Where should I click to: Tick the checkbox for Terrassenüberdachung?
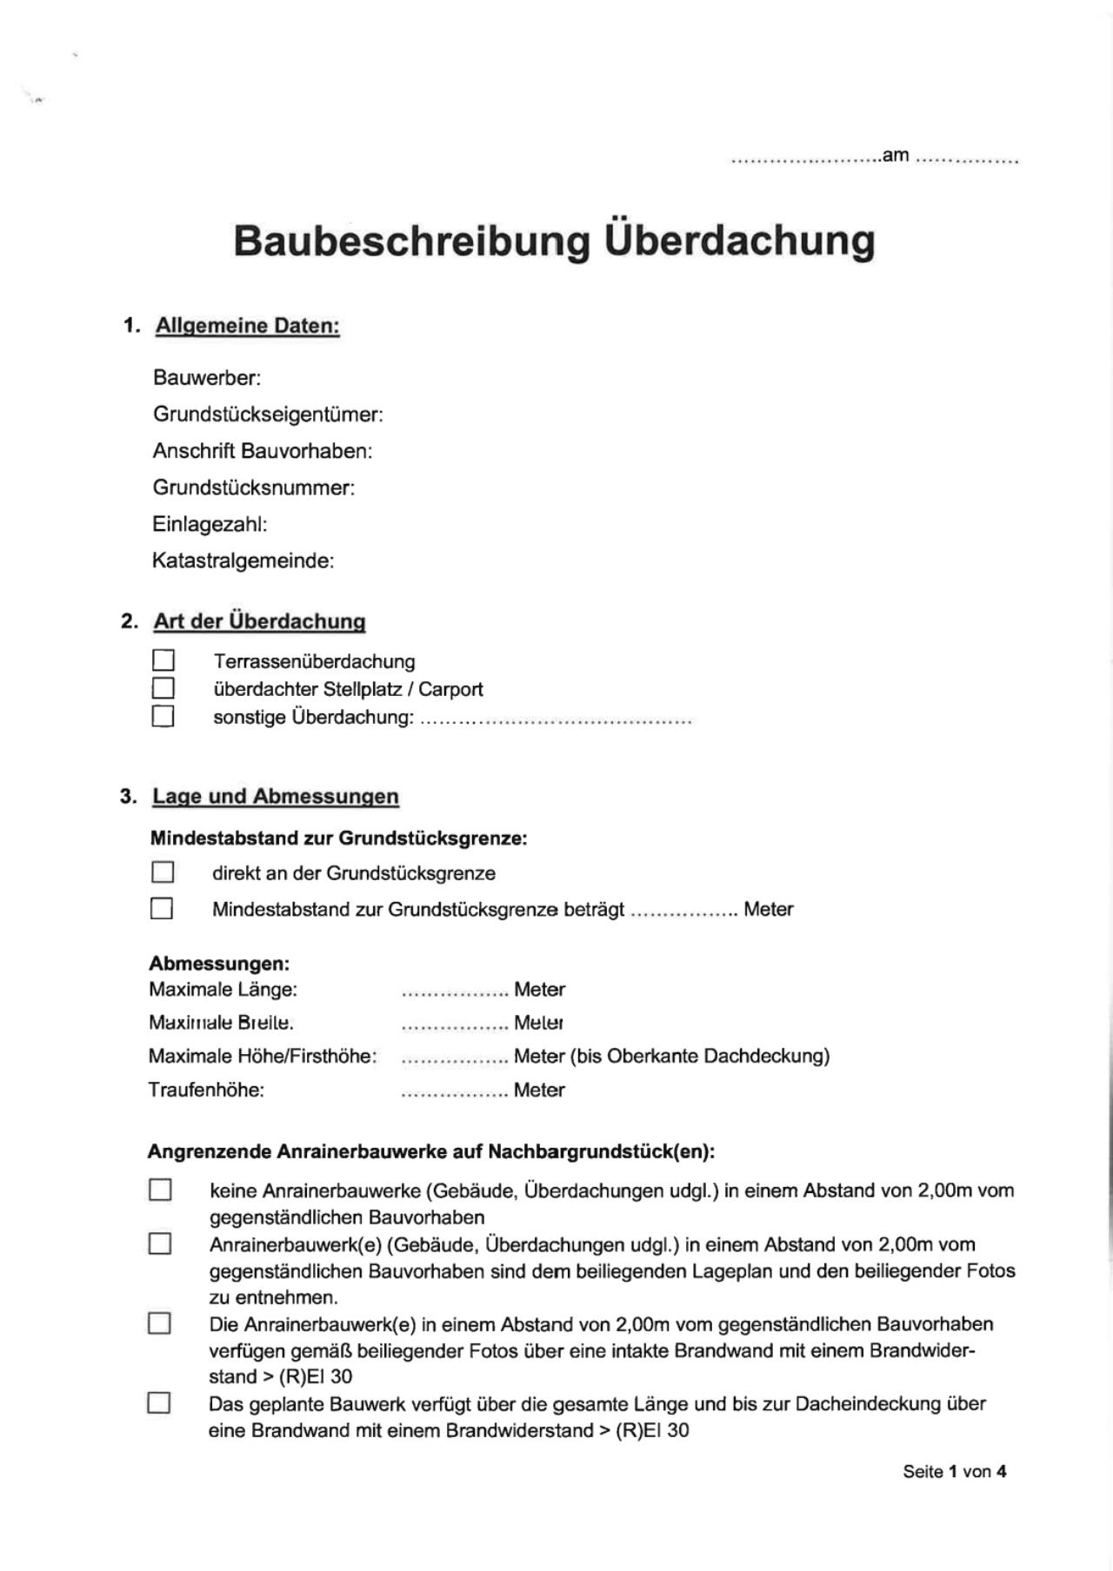(x=163, y=660)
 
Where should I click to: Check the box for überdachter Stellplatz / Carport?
(x=163, y=688)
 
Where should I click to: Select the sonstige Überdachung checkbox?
(x=163, y=716)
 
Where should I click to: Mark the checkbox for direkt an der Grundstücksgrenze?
(x=162, y=872)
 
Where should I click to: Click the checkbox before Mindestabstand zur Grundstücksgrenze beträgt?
(x=162, y=908)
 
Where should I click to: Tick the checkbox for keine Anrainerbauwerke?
(x=160, y=1190)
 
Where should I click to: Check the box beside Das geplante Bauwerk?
(x=159, y=1403)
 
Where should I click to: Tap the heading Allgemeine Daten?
(x=247, y=326)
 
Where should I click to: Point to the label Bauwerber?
(x=207, y=378)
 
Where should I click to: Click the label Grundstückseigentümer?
(x=268, y=414)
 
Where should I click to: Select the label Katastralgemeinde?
(x=243, y=560)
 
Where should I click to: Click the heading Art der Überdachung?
(x=259, y=621)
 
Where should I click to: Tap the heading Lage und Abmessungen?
(x=275, y=796)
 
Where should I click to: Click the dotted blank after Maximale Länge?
(x=454, y=991)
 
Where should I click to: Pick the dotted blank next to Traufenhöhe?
(x=454, y=1092)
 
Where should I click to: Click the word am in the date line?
(x=896, y=156)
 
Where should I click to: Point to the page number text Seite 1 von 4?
(x=954, y=1471)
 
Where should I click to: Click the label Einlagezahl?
(x=210, y=524)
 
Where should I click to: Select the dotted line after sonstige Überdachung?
(x=556, y=719)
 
